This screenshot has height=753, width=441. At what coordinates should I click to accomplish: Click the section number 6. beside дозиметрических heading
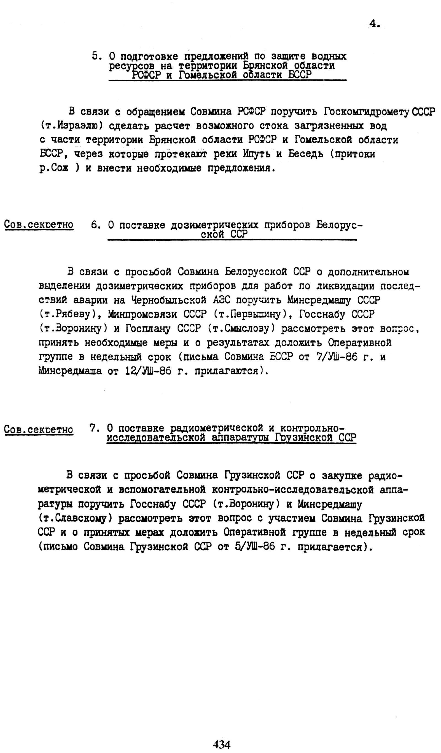pos(96,225)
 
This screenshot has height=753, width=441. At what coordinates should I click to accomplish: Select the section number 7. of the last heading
pos(94,428)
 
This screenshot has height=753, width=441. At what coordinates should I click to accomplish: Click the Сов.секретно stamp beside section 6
pos(39,225)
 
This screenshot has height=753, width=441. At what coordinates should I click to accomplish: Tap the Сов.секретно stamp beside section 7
pos(39,430)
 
